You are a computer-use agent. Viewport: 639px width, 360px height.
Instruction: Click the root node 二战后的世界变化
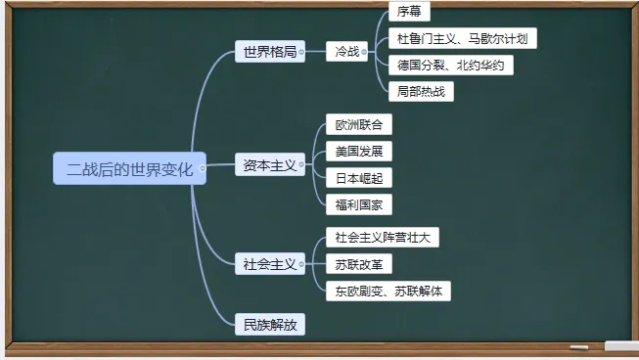tap(129, 168)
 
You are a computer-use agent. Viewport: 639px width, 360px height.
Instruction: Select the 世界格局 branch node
tap(269, 52)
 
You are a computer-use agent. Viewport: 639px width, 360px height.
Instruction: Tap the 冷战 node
tap(346, 52)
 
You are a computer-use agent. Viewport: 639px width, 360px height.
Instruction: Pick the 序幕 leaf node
tap(408, 12)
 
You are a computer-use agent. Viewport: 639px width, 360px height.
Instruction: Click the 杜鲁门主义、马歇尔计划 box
tap(462, 39)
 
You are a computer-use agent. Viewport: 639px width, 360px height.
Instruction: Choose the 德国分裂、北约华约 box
tap(450, 66)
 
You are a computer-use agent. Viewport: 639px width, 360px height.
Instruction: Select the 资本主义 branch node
tap(269, 165)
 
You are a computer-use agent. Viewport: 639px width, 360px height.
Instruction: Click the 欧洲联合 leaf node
tap(357, 125)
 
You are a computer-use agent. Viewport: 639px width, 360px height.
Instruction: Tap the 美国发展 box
tap(357, 152)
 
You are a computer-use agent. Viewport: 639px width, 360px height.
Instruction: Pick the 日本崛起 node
tap(357, 178)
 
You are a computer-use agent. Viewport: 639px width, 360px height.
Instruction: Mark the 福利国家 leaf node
tap(357, 204)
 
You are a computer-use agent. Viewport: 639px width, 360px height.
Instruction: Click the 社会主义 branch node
tap(269, 263)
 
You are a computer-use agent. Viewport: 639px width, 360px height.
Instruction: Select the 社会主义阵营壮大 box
tap(382, 237)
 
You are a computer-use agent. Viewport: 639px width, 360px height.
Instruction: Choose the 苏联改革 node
tap(357, 264)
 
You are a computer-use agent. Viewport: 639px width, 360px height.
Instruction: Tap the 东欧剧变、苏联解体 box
tap(388, 291)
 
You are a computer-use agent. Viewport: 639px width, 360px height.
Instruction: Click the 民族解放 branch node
tap(269, 324)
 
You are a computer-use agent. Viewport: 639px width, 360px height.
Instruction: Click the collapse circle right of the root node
tap(203, 168)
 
